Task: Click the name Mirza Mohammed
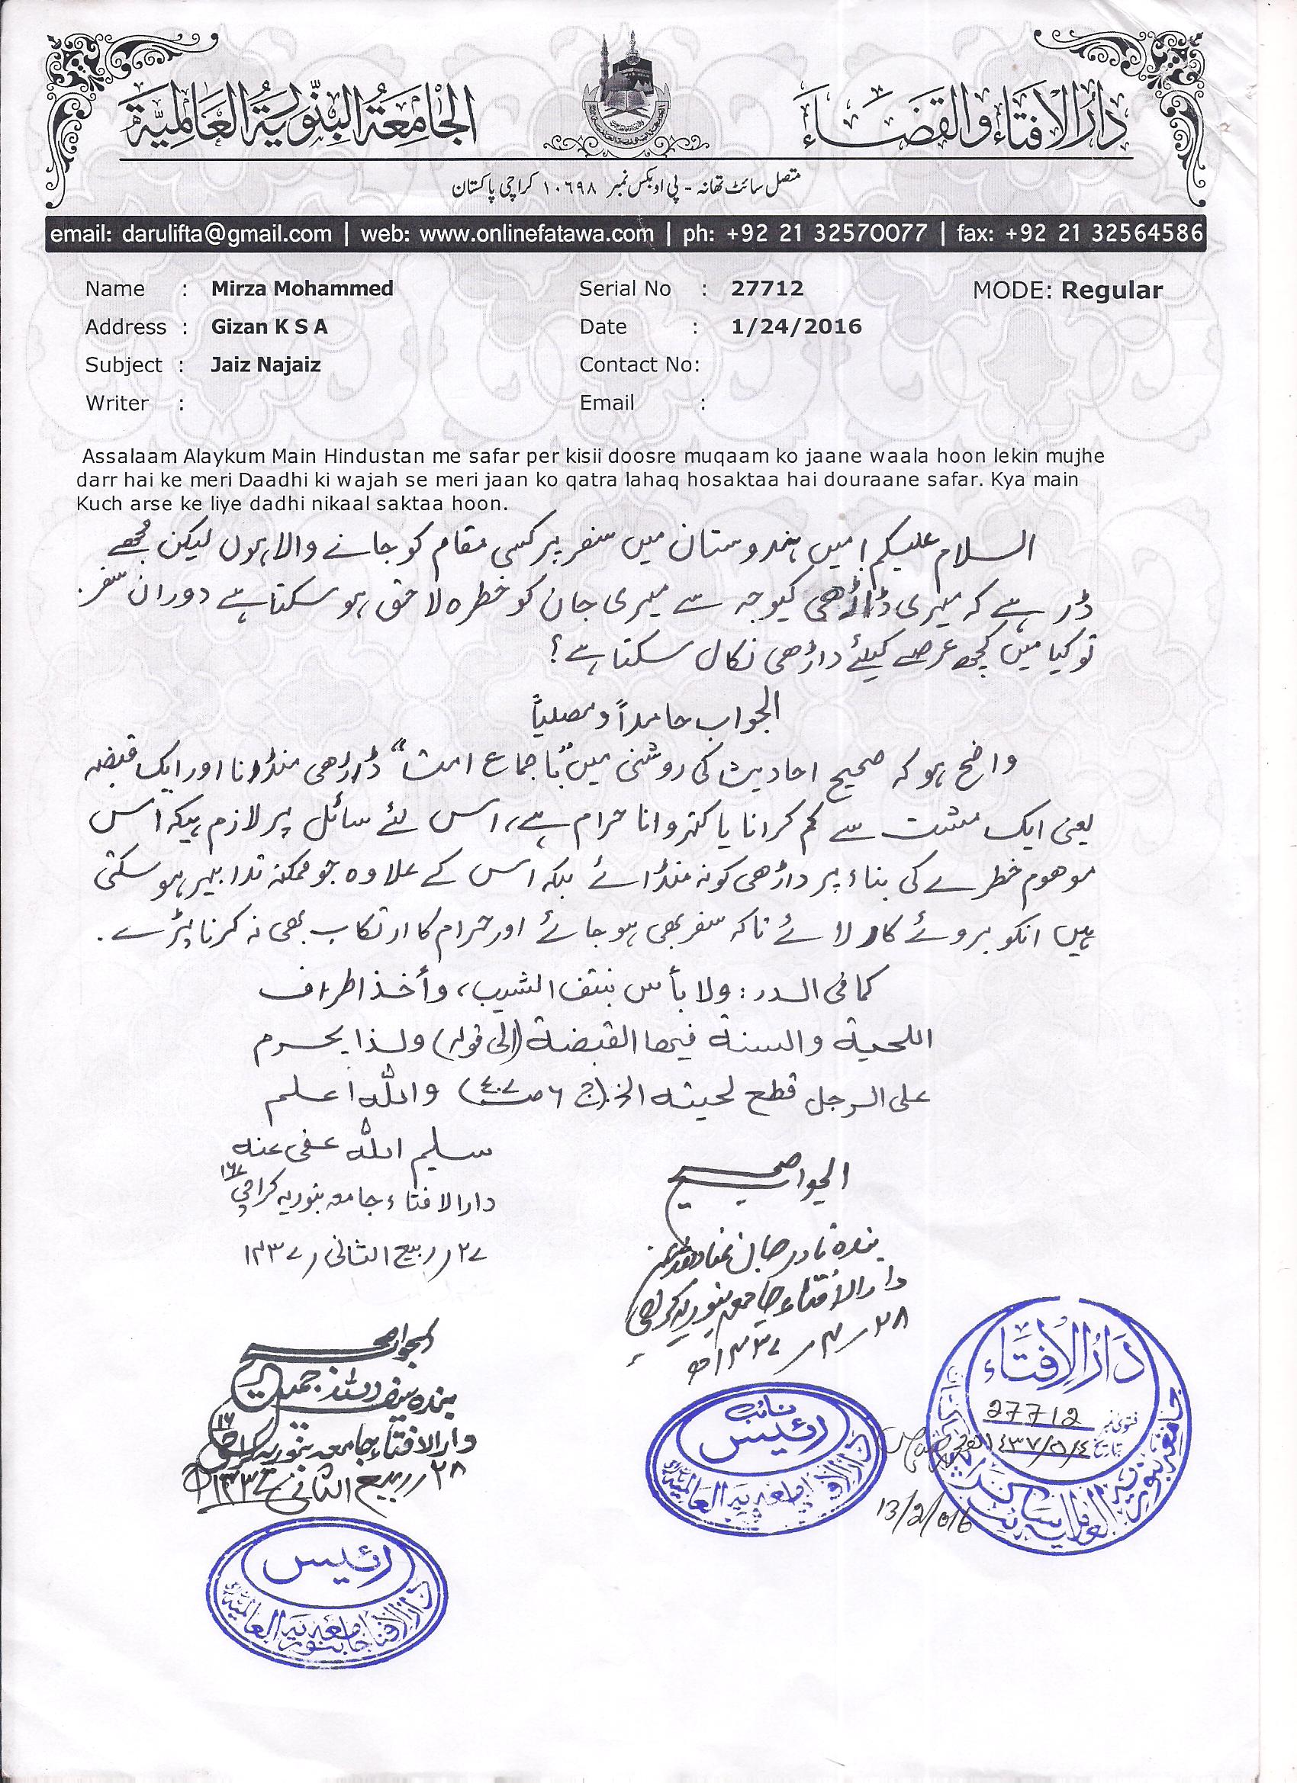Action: coord(302,288)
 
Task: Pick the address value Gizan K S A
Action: coord(269,326)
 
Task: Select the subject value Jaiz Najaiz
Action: coord(265,365)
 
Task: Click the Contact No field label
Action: coord(639,365)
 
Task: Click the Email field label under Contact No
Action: coord(607,403)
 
